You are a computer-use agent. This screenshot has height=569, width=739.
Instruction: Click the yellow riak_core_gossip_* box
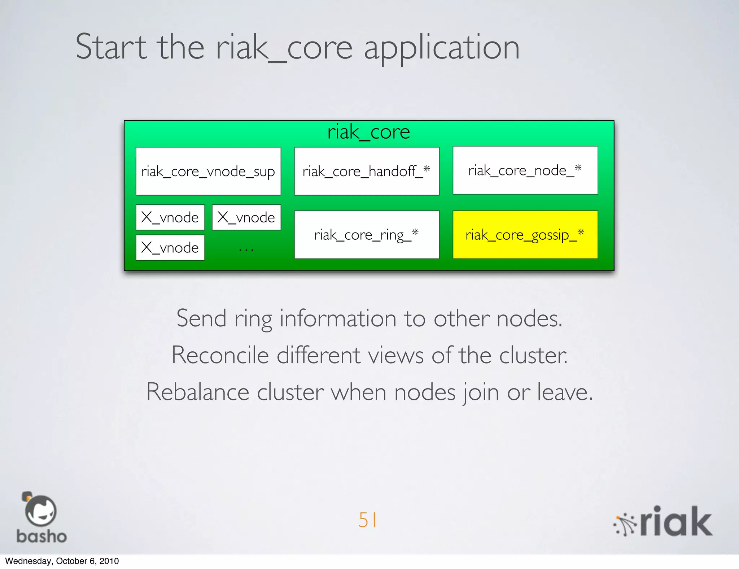point(525,235)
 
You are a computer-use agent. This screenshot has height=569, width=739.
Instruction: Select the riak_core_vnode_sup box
point(208,171)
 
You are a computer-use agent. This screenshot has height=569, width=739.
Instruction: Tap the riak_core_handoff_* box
point(367,171)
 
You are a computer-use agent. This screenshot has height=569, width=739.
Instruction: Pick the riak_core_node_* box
point(525,170)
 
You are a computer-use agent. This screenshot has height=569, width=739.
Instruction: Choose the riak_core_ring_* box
point(367,235)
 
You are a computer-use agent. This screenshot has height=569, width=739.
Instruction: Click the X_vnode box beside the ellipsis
point(170,248)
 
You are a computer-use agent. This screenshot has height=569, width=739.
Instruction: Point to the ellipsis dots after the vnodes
point(246,249)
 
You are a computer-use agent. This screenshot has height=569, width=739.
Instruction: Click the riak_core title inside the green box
point(368,132)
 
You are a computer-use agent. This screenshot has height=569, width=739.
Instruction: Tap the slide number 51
point(368,520)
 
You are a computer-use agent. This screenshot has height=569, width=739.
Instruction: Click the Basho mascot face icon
point(40,511)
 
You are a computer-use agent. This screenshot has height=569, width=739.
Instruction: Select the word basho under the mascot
point(41,537)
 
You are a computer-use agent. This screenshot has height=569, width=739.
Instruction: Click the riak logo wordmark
point(675,522)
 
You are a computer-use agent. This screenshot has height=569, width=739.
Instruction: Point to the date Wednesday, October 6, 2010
point(62,561)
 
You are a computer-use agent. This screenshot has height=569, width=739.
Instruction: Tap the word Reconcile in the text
point(220,355)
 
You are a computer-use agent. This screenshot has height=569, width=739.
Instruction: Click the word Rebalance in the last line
point(198,392)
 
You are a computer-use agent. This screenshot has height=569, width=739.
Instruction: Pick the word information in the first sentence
point(338,319)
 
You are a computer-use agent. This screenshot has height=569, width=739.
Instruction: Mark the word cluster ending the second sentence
point(533,355)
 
